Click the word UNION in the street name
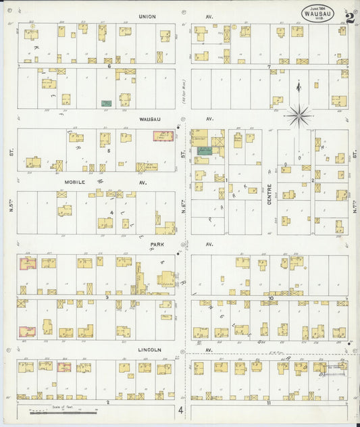click(x=147, y=16)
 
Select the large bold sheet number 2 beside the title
click(x=349, y=18)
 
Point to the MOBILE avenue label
click(x=78, y=182)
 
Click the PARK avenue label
click(x=158, y=245)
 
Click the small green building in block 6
click(x=106, y=103)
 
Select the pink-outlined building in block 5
click(x=161, y=136)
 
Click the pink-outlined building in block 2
click(x=64, y=367)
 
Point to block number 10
click(x=269, y=297)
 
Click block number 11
click(x=268, y=403)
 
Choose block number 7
click(x=269, y=66)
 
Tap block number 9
click(x=107, y=297)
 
